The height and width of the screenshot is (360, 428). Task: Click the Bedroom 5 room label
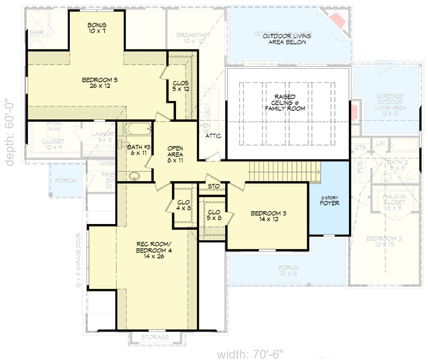99,83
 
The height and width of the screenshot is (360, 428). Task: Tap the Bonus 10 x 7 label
97,28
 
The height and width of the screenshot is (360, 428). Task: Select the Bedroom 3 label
267,216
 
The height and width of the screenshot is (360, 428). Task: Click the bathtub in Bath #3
137,128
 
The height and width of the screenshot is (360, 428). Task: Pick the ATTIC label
214,136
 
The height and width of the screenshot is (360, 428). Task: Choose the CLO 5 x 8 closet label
214,215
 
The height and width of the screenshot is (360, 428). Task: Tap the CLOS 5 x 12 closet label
181,86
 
